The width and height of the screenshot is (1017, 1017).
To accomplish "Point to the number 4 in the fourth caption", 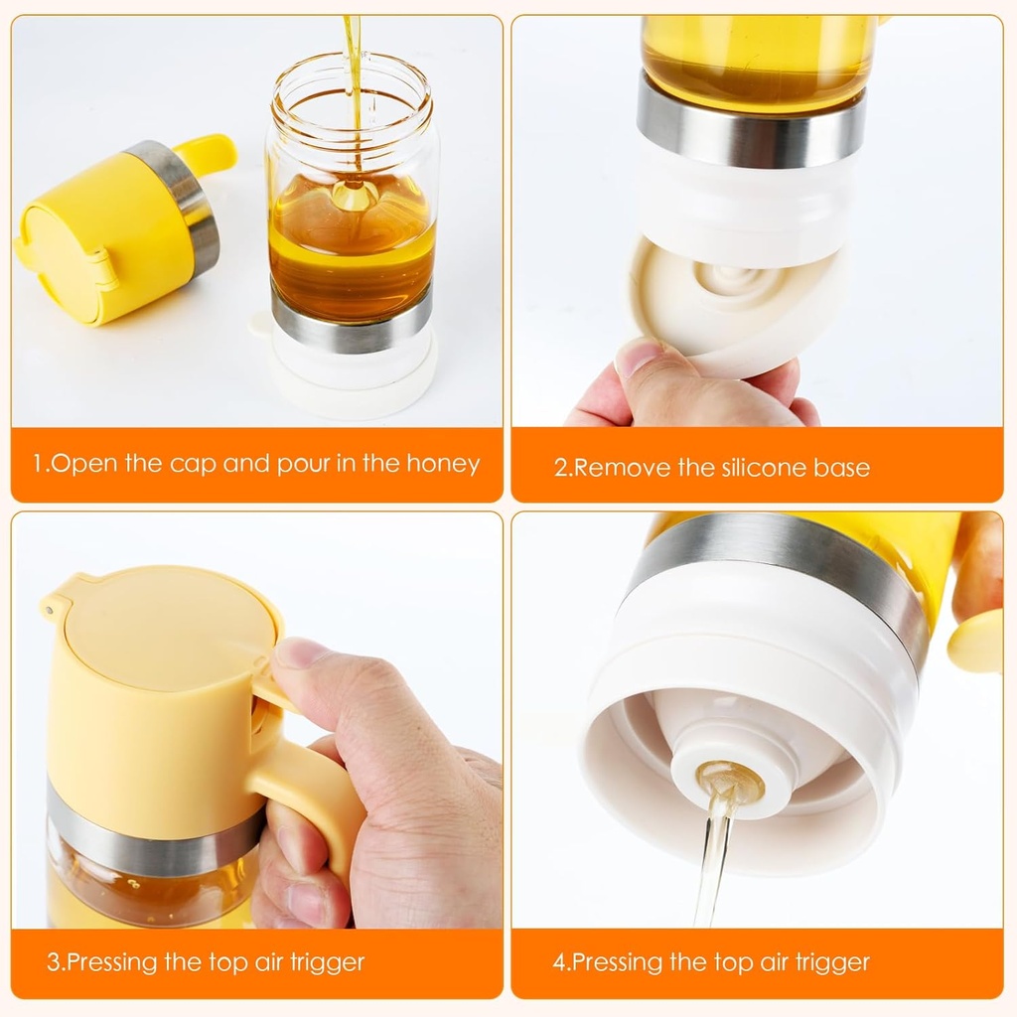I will (x=559, y=961).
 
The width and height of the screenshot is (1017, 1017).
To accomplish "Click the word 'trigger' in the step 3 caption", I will (x=328, y=961).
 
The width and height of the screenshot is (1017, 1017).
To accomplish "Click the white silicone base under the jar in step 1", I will (x=352, y=382).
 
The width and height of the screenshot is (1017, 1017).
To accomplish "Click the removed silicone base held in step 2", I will (x=735, y=308).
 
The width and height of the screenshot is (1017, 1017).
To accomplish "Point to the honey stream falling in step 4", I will (x=712, y=864).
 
